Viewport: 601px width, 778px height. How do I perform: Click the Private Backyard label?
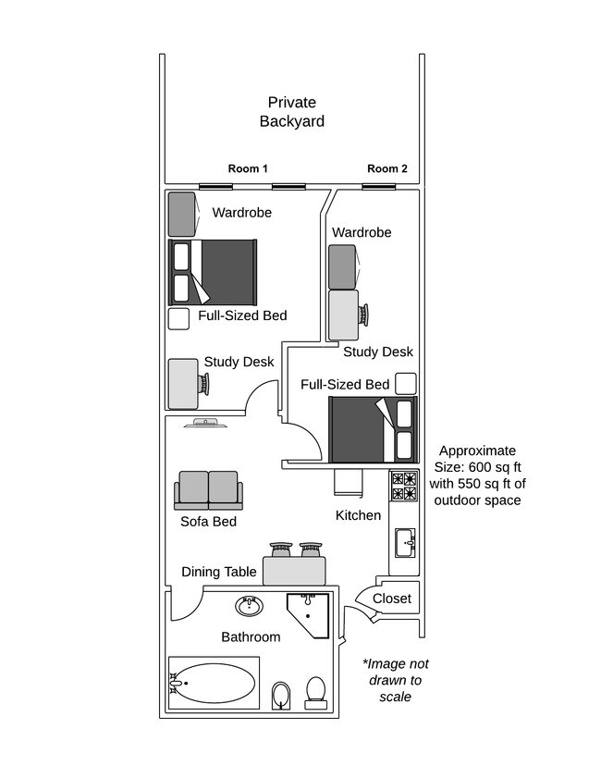(291, 112)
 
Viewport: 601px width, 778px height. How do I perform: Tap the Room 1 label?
(248, 168)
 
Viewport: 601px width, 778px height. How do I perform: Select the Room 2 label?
(386, 168)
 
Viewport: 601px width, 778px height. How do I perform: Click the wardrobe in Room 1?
(181, 214)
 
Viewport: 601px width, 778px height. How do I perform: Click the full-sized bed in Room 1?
(213, 272)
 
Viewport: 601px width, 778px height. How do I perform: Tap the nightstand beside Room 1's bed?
(178, 319)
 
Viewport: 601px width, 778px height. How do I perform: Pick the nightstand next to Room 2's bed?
(405, 383)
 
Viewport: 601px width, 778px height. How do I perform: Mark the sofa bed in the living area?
(208, 489)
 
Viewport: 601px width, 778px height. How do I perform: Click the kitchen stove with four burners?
(404, 487)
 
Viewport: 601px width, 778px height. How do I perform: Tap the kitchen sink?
(405, 542)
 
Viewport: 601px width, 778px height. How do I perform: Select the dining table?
(295, 570)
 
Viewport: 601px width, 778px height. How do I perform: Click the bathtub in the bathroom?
(214, 684)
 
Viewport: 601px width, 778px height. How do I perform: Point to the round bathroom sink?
(249, 606)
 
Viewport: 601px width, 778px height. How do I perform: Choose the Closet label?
(391, 599)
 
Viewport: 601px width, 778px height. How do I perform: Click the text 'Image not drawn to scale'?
(395, 680)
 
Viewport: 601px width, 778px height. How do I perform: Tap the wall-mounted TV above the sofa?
(204, 424)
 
